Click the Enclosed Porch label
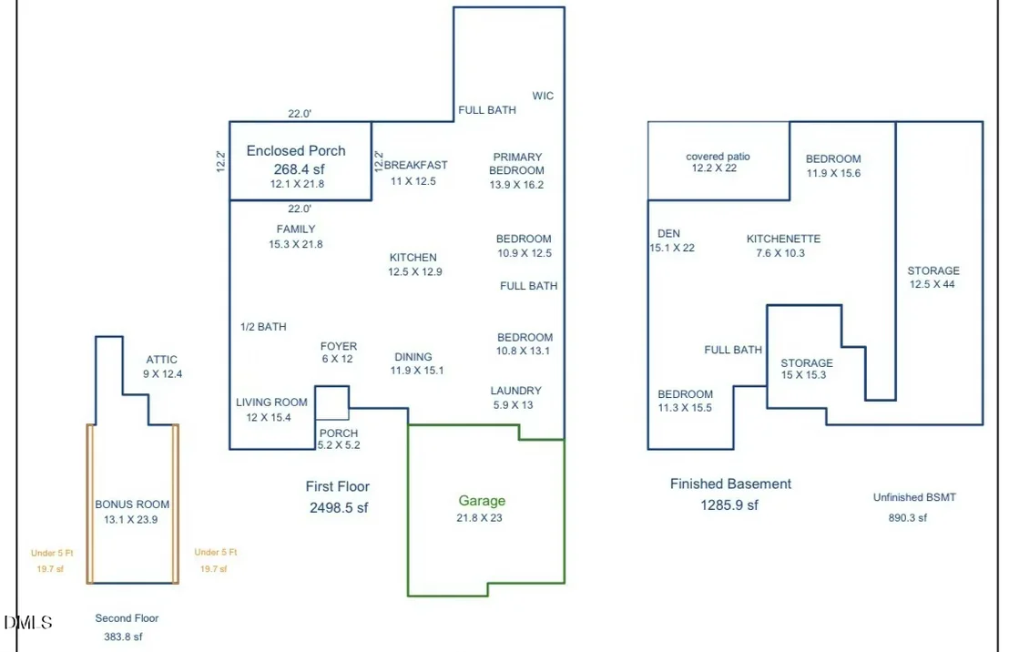click(296, 150)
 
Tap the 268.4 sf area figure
click(300, 169)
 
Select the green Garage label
click(482, 501)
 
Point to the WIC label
click(543, 96)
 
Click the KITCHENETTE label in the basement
click(783, 239)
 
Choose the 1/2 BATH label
click(263, 327)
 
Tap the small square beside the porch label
click(332, 403)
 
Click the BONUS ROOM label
click(132, 504)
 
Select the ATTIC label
click(161, 360)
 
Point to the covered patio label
click(718, 157)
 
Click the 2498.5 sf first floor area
click(339, 508)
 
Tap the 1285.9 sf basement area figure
click(729, 505)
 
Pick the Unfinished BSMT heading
click(914, 497)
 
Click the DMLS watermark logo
click(27, 622)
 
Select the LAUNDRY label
click(516, 391)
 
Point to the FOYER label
click(339, 346)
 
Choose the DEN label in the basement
click(668, 234)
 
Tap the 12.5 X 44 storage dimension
click(932, 284)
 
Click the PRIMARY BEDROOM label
click(517, 164)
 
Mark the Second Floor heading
click(127, 618)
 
